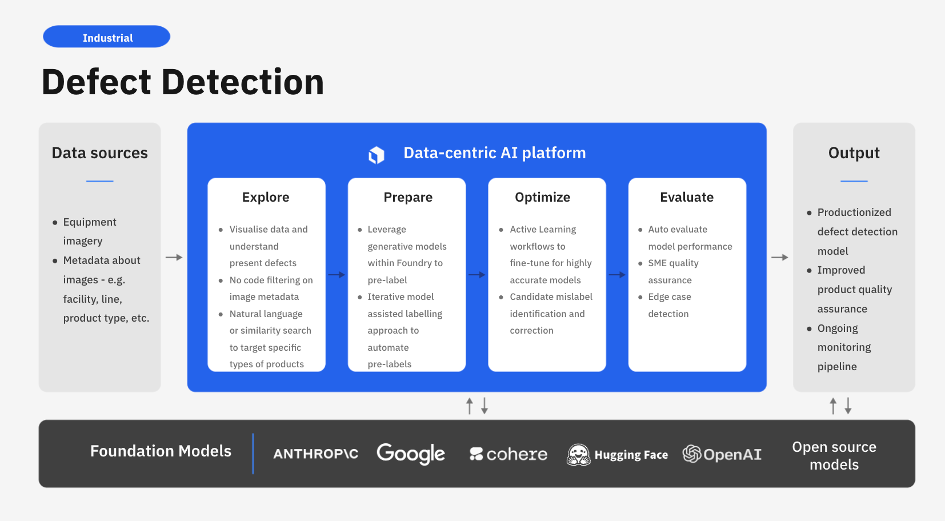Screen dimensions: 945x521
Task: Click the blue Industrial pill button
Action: (x=107, y=37)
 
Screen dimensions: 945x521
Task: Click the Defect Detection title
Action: (x=183, y=82)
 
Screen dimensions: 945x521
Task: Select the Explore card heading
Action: (x=266, y=197)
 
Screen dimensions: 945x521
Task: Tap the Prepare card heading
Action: (x=408, y=197)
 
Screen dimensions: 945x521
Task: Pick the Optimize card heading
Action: (x=542, y=197)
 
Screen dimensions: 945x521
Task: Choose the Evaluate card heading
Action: (x=687, y=197)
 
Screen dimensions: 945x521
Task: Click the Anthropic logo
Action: (x=315, y=454)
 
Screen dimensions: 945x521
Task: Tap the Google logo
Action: (x=411, y=454)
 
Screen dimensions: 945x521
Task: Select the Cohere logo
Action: (x=508, y=454)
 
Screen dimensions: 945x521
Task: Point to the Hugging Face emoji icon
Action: (x=578, y=455)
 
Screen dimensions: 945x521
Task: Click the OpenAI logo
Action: (x=722, y=454)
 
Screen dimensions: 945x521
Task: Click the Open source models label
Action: (x=834, y=455)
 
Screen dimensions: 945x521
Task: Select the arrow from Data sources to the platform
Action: (x=174, y=258)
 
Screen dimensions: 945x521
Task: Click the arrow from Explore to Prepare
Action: (x=337, y=275)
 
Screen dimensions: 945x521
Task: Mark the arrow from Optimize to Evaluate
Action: (x=617, y=275)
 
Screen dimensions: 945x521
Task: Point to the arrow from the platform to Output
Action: (x=779, y=258)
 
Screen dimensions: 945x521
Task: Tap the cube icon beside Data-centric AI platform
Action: (x=377, y=154)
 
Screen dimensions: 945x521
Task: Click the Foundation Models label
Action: (x=161, y=451)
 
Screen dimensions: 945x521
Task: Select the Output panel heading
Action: (x=854, y=153)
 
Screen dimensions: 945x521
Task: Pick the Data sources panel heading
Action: (x=99, y=153)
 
